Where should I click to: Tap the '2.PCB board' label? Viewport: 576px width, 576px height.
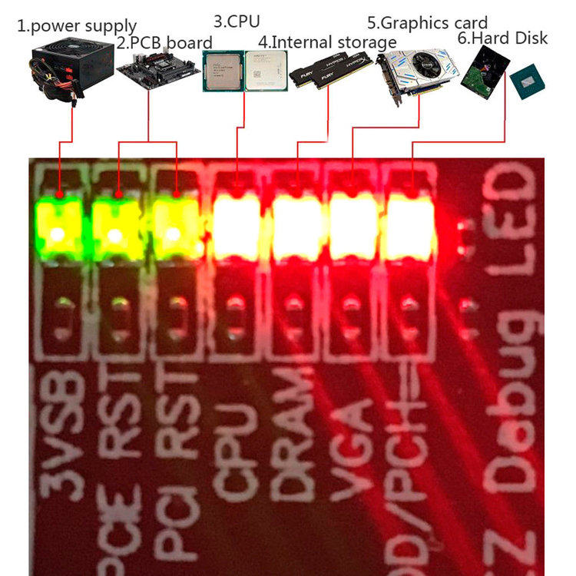[x=164, y=43]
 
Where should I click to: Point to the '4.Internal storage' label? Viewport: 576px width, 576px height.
[x=328, y=41]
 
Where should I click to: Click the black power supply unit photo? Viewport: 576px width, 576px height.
[x=59, y=74]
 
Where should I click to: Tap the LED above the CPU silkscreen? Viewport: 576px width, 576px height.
[x=236, y=227]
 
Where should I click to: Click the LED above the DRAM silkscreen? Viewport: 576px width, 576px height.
[x=295, y=227]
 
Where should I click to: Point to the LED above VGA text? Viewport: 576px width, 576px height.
[x=353, y=227]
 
